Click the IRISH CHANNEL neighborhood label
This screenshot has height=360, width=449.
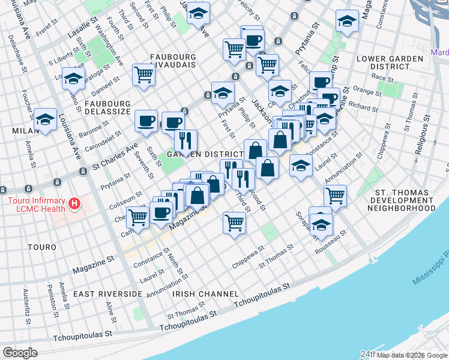[x=206, y=294]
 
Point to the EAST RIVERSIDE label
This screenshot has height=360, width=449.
[x=107, y=294]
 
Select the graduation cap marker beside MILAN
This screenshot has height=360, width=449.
[x=46, y=119]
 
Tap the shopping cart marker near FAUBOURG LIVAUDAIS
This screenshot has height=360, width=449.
[x=144, y=75]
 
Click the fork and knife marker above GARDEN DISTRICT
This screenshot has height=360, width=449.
[x=185, y=140]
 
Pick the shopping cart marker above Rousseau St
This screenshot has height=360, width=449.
[x=335, y=195]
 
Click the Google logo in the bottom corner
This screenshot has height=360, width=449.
[x=19, y=353]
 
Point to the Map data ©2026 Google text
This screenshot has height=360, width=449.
[x=412, y=355]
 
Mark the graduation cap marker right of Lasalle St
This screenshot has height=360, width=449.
[x=197, y=12]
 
